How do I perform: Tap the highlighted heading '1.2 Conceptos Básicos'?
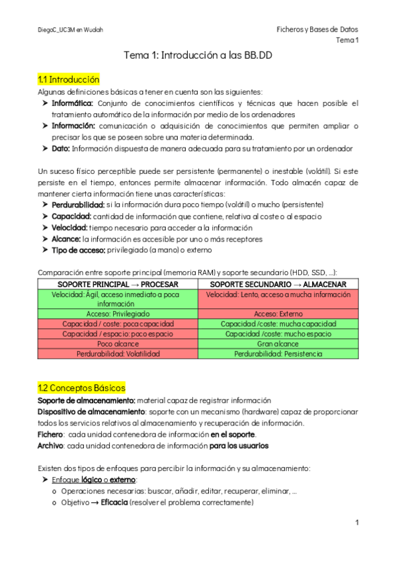(81, 388)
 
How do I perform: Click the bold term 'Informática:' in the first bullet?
(73, 103)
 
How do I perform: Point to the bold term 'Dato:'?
(62, 149)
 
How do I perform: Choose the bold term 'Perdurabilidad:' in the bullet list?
(78, 205)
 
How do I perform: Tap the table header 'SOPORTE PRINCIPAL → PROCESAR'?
(118, 284)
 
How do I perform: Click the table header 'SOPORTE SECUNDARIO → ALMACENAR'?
(278, 284)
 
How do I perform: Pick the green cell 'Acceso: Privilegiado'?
(118, 314)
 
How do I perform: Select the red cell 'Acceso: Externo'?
(278, 314)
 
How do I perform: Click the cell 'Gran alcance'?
(278, 344)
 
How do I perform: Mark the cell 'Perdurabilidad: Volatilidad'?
(118, 354)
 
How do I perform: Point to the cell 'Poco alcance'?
(118, 344)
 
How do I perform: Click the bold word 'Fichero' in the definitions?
(50, 434)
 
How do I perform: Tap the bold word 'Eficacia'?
(110, 503)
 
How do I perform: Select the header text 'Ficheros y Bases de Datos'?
(317, 30)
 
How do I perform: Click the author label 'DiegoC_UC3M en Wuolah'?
(70, 30)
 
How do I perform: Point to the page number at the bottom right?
(356, 523)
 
